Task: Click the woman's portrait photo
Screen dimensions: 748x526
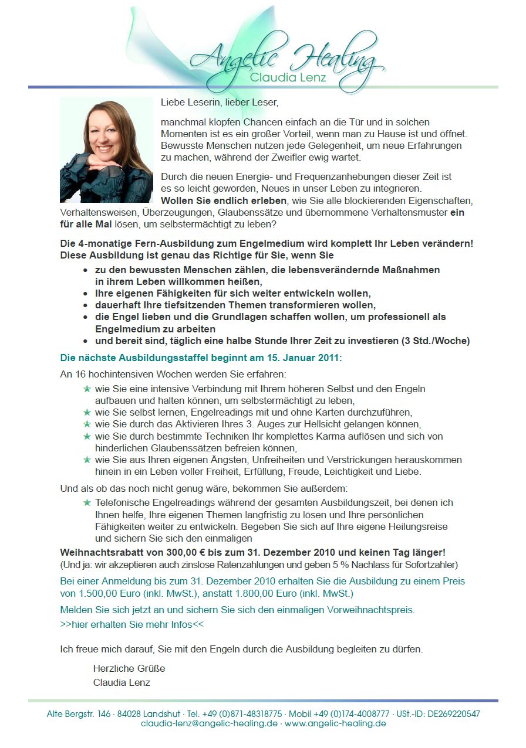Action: (106, 150)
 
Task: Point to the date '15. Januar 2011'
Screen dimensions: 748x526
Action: (306, 358)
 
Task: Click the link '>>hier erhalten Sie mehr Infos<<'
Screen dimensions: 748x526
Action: (132, 624)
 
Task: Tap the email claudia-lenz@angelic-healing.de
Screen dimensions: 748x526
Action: (210, 723)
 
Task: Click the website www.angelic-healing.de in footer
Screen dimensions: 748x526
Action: (335, 723)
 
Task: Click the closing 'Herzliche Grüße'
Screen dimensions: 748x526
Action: (129, 668)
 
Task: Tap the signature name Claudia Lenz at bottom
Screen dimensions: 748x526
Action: (122, 682)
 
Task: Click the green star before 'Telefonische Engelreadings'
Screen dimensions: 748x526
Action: (87, 503)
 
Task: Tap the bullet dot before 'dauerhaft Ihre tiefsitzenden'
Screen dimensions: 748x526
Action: (86, 305)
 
